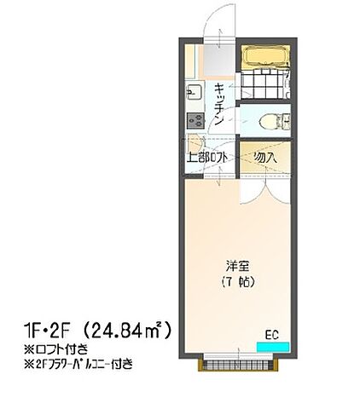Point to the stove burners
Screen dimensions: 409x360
pos(192,121)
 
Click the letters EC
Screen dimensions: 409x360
pos(272,333)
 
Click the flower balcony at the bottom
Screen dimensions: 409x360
pos(235,366)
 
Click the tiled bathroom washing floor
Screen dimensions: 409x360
pos(260,87)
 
